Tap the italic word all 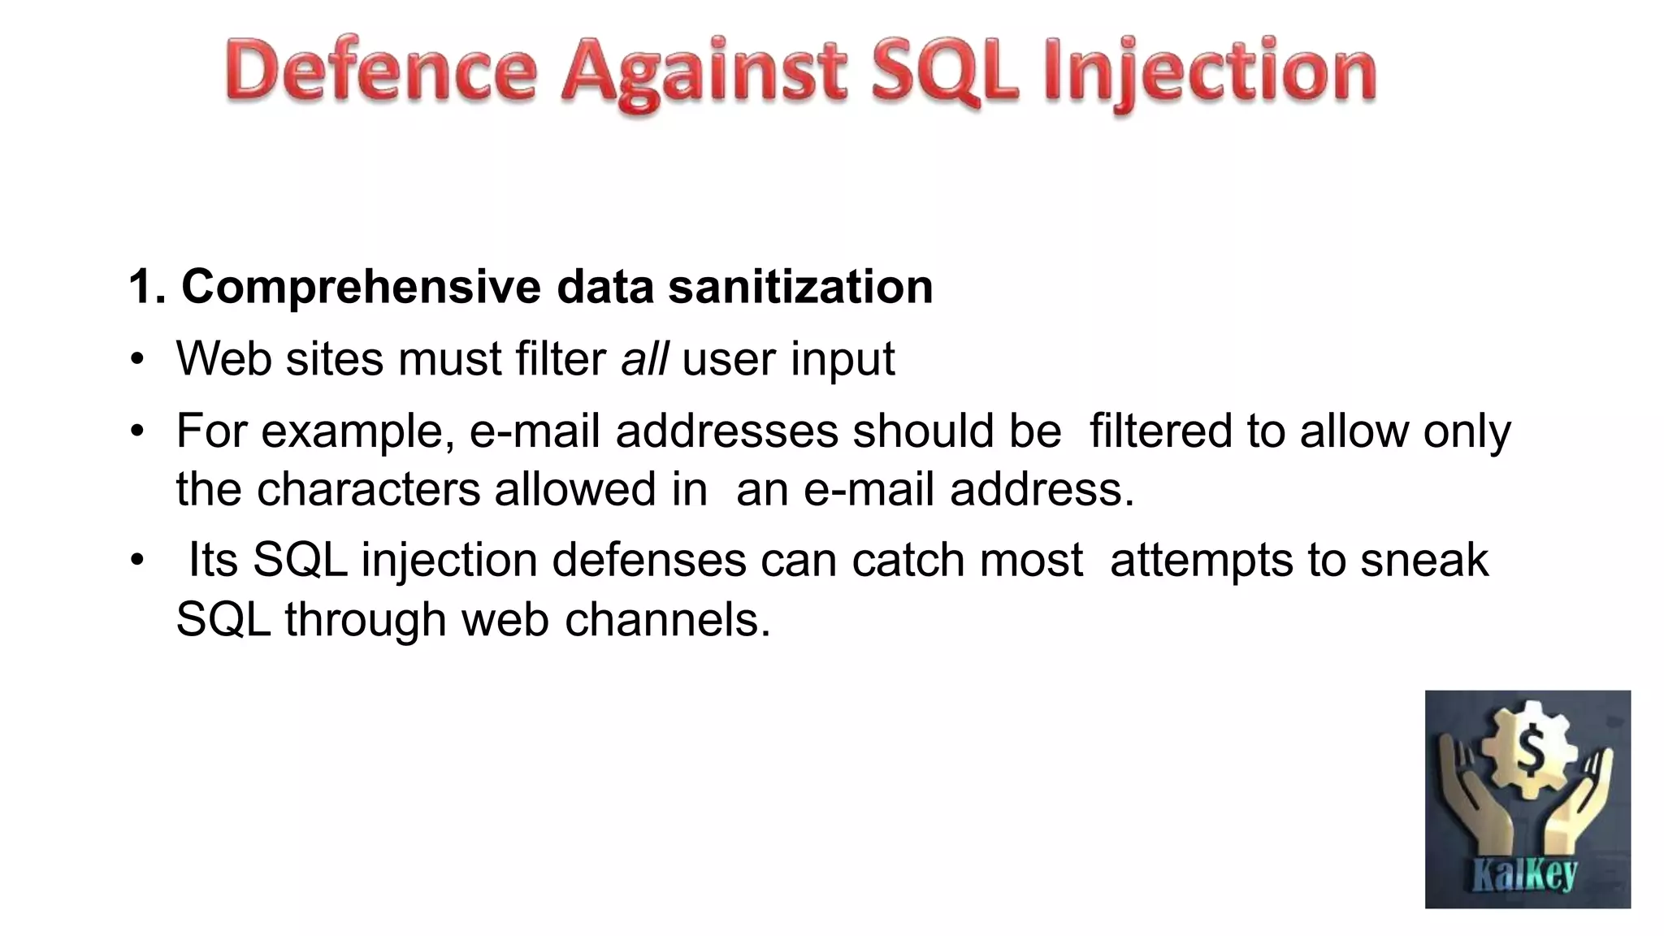(x=644, y=358)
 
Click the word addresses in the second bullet (x=726, y=431)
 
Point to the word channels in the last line (x=666, y=620)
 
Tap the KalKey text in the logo (x=1525, y=875)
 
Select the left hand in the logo (x=1471, y=804)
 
